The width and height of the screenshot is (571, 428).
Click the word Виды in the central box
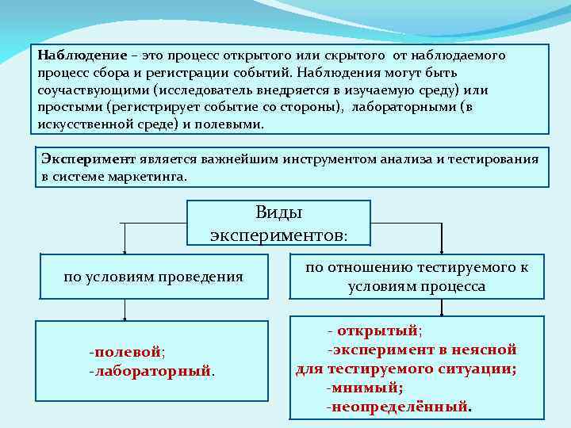coord(279,212)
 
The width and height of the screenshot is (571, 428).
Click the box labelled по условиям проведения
coord(153,277)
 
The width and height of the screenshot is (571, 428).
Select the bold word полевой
coord(128,351)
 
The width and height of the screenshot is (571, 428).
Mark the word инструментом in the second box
coord(350,159)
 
